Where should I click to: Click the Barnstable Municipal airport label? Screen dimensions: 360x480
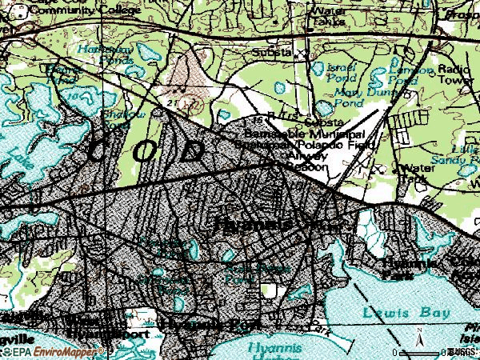coord(300,134)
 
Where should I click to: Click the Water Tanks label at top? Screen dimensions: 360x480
coord(334,16)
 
